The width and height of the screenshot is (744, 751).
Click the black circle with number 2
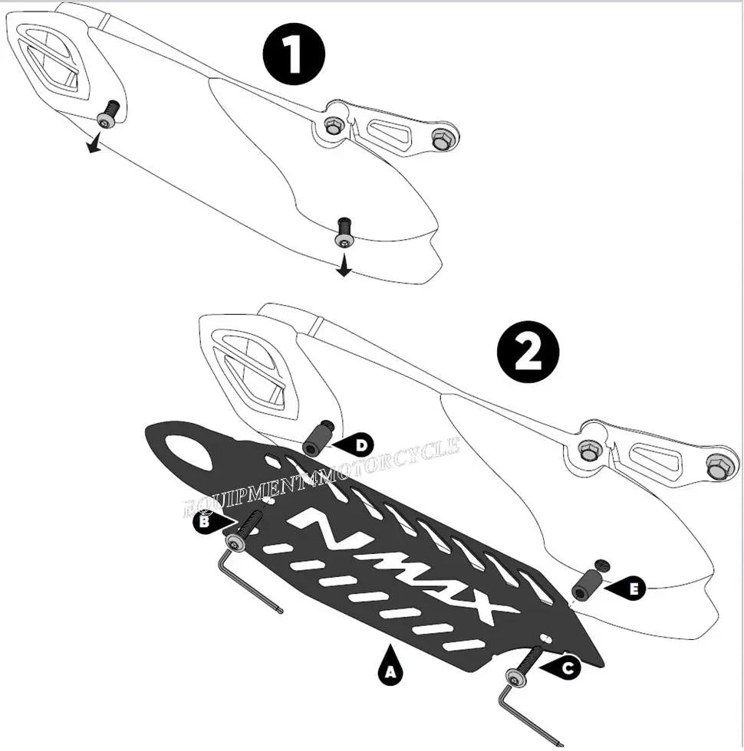click(528, 352)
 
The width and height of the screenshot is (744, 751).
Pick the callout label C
click(566, 668)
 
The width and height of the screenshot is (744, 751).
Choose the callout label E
click(632, 589)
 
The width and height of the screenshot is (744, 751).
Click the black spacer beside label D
click(318, 439)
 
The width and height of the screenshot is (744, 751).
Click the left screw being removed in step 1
click(108, 114)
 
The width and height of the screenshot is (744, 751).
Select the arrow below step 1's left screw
click(93, 144)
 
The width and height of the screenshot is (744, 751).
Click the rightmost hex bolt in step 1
click(441, 139)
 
